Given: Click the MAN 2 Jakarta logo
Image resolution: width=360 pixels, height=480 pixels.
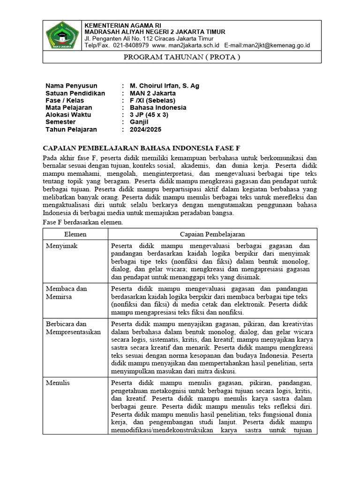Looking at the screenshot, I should (62, 36).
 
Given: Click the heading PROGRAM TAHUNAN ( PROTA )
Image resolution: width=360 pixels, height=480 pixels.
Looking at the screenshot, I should (181, 57).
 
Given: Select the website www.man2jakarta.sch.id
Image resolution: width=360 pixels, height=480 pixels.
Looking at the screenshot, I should (186, 45).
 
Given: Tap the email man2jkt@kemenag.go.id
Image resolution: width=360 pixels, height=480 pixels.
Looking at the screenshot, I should (279, 45).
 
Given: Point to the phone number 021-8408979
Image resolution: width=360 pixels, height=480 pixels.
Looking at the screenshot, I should (128, 45).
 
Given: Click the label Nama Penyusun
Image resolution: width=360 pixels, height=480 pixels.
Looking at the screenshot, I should (71, 86).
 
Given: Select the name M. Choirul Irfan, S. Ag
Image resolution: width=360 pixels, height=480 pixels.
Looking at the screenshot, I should (165, 86).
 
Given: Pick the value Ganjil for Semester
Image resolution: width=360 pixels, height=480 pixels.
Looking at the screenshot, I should (139, 122).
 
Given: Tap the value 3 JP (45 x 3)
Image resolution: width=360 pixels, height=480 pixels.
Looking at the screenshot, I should (149, 115).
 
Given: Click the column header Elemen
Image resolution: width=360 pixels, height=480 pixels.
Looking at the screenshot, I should (75, 234).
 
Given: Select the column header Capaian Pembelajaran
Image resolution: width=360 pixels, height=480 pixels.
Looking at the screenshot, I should (212, 234).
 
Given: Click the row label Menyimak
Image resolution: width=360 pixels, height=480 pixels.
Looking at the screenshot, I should (61, 246).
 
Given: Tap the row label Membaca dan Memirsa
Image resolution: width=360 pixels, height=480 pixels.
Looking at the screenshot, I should (67, 292).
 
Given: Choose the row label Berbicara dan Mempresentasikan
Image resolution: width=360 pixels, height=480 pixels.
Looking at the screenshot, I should (74, 328).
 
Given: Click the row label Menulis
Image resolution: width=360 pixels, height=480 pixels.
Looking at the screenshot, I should (58, 383).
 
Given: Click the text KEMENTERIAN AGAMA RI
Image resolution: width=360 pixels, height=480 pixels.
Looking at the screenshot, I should (122, 25).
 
